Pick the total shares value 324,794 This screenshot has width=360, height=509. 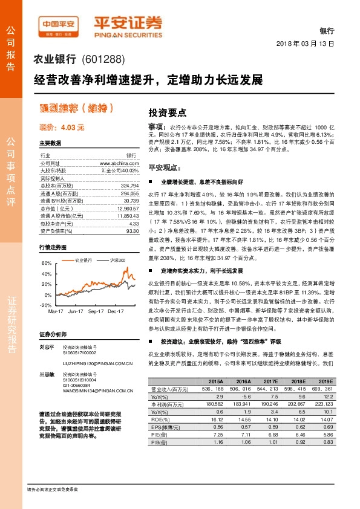point(129,185)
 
